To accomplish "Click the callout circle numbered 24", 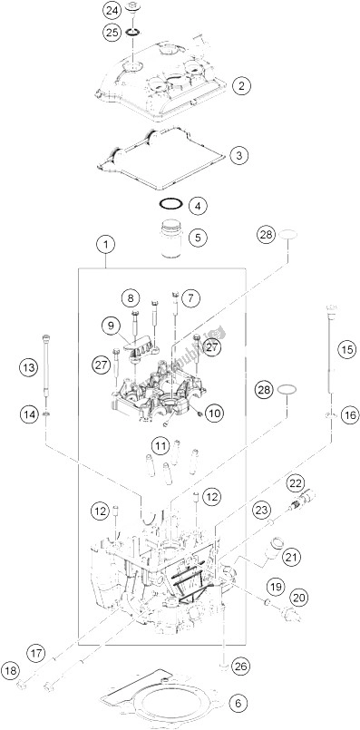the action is click(x=112, y=9).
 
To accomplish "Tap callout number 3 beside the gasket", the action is click(x=238, y=154).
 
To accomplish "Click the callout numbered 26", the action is click(x=241, y=666).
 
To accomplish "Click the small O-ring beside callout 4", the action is click(x=170, y=204).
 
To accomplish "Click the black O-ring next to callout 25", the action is click(x=133, y=33).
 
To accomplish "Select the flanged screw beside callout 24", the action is click(x=132, y=10).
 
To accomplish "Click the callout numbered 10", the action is click(x=217, y=413).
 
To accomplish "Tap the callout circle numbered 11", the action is click(x=161, y=447).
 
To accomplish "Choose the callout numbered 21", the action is click(x=294, y=557).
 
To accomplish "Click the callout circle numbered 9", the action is click(x=112, y=326).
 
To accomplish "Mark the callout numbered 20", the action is click(x=298, y=598).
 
